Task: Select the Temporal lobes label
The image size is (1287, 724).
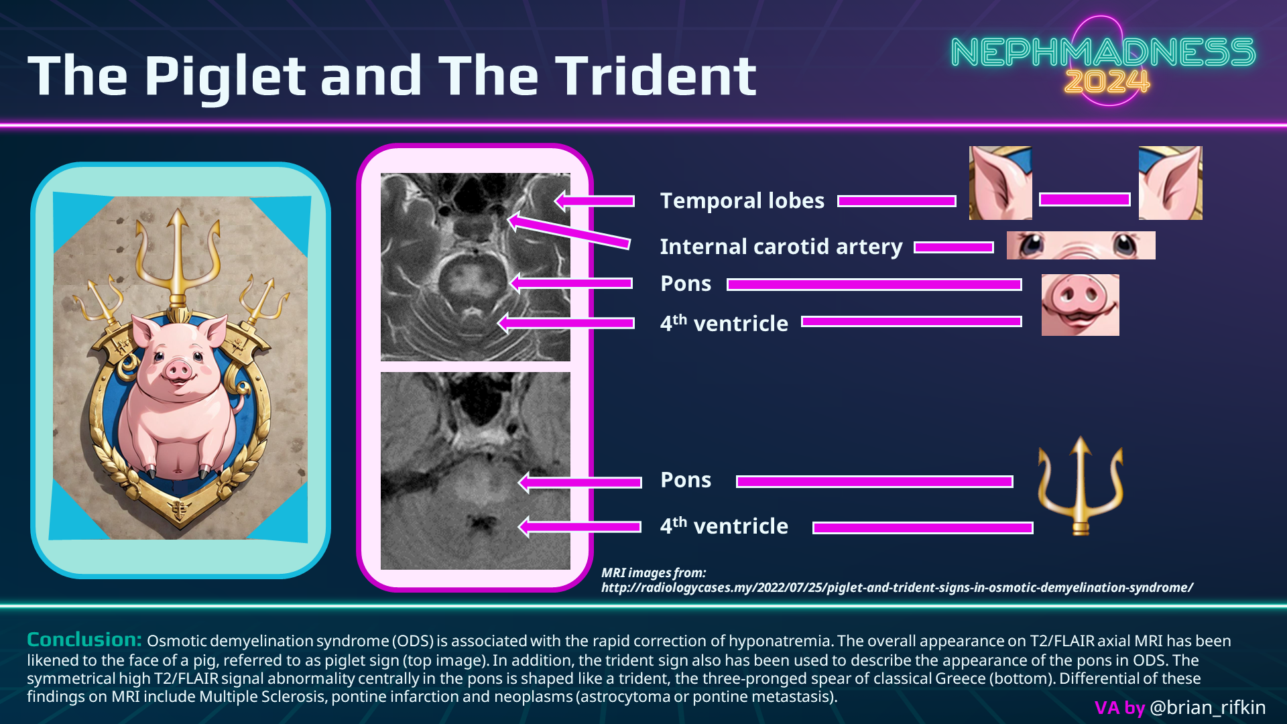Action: (742, 200)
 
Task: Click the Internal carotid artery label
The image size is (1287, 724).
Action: (782, 247)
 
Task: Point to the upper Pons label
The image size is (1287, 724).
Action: (686, 284)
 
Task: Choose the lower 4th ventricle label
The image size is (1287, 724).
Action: (724, 526)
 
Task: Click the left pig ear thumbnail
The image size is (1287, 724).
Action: (1001, 183)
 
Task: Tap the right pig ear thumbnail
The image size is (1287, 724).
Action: (1170, 183)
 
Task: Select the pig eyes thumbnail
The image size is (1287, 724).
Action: (1081, 245)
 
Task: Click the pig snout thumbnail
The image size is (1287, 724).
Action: (1081, 305)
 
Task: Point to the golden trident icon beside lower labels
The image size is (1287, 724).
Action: (1081, 485)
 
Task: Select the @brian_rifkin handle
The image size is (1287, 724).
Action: (1207, 707)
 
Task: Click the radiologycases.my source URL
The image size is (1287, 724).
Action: (897, 587)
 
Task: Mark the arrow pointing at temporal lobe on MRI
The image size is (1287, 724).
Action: (594, 200)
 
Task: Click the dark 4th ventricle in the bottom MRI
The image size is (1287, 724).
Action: (481, 524)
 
